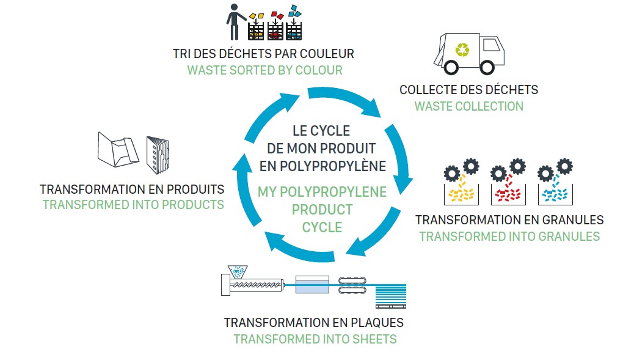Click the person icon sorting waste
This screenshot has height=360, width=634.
pos(234,21)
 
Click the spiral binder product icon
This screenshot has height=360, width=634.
pos(158,153)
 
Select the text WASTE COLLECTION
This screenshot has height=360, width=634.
pos(468,106)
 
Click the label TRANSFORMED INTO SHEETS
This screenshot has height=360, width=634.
pos(315,339)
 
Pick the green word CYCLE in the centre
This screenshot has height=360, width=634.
pos(322,227)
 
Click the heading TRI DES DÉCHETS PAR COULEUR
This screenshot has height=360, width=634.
pos(263,54)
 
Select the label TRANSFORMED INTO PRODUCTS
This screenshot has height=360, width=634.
pos(133,205)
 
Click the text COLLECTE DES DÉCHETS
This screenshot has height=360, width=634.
pos(468,90)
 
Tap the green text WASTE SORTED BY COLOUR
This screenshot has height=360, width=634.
pos(264,70)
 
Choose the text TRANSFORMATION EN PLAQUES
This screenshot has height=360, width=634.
pos(313,323)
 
